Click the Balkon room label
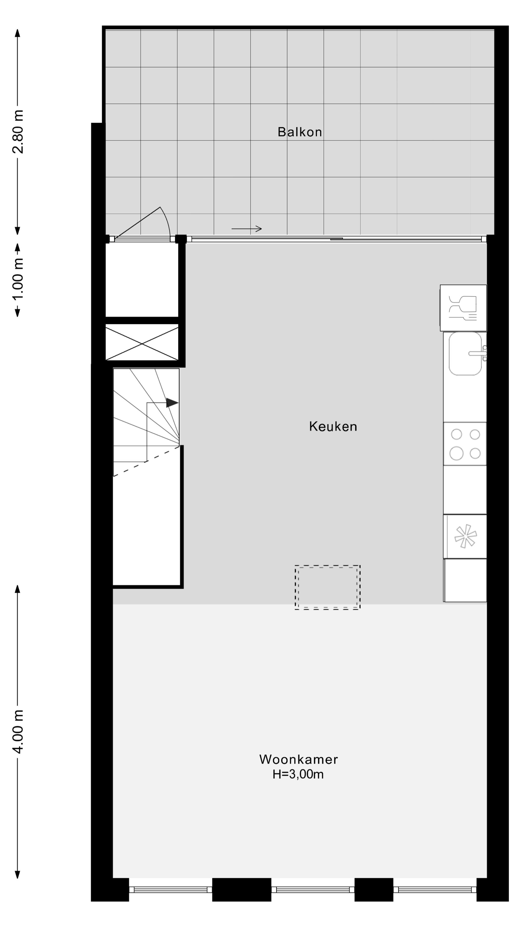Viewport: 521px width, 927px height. click(x=300, y=132)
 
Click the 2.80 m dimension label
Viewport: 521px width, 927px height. click(x=18, y=132)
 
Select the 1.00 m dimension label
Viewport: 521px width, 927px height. click(x=18, y=279)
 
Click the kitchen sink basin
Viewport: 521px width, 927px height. click(x=465, y=353)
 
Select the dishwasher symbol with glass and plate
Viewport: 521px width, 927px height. click(x=463, y=308)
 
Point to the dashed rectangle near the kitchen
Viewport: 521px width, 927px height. click(x=327, y=587)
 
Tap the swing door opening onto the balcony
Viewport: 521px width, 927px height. click(x=144, y=225)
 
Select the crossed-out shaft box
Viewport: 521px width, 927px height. click(x=142, y=342)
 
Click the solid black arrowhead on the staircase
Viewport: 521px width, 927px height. click(x=172, y=403)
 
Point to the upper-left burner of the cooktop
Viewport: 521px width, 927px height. click(x=456, y=434)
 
